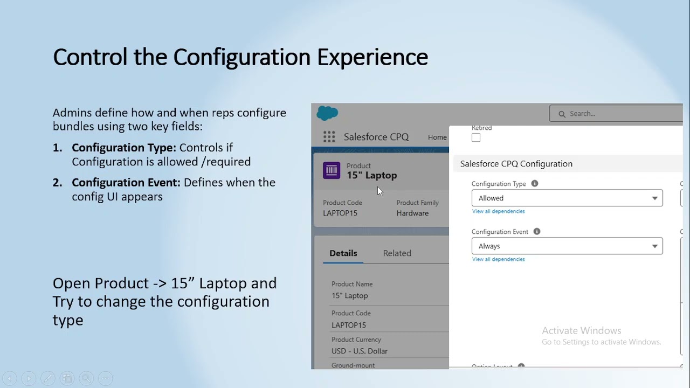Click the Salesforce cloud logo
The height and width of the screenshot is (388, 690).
click(x=327, y=113)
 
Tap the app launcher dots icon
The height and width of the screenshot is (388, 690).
click(x=329, y=137)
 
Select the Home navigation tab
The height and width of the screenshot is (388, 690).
click(x=437, y=137)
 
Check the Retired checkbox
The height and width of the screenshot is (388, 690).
click(x=476, y=138)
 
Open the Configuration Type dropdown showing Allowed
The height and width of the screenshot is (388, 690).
click(x=567, y=198)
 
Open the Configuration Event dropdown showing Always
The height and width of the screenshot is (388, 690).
click(x=567, y=246)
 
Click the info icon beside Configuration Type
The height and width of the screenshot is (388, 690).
click(x=535, y=184)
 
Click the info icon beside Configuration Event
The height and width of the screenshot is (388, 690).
click(x=537, y=232)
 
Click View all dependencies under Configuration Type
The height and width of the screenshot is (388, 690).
click(x=498, y=211)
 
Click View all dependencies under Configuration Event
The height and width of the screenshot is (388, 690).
click(x=498, y=259)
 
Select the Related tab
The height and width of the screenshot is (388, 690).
click(x=397, y=253)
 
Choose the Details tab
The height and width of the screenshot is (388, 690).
click(x=343, y=253)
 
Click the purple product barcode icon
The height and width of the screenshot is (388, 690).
click(x=332, y=170)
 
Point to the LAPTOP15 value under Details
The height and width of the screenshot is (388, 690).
click(x=349, y=325)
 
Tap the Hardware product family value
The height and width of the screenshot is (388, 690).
click(x=412, y=213)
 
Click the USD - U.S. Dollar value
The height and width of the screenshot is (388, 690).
click(x=360, y=351)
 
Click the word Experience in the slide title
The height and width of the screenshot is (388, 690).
click(x=372, y=57)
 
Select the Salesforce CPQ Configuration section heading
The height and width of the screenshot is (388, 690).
click(x=516, y=164)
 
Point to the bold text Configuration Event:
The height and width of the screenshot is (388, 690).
click(x=126, y=183)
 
